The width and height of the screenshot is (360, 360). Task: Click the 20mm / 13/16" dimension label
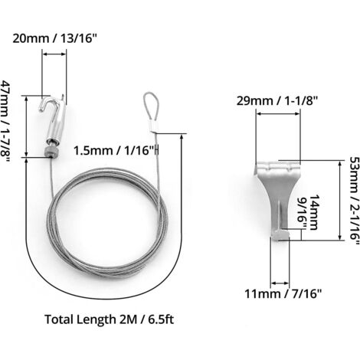click(x=55, y=38)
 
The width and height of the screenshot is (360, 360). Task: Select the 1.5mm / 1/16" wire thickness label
click(x=115, y=150)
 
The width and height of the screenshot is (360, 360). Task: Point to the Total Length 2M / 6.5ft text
click(x=110, y=319)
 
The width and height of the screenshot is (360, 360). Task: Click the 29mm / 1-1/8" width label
click(x=277, y=101)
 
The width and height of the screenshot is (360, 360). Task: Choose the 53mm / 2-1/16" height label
click(x=355, y=201)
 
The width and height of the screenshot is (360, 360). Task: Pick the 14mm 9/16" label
click(x=309, y=213)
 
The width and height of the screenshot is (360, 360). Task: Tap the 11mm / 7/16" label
click(x=283, y=293)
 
